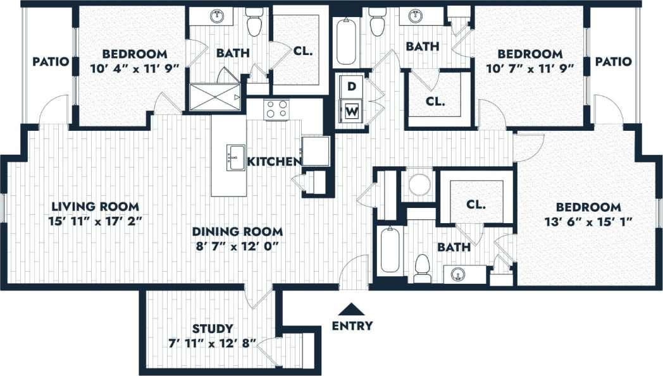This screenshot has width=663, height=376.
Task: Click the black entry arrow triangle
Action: pyautogui.click(x=352, y=310)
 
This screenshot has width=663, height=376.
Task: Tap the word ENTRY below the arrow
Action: pyautogui.click(x=352, y=326)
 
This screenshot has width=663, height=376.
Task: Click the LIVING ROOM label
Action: pyautogui.click(x=95, y=207)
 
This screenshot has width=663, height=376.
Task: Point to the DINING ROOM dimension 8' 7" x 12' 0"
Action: pyautogui.click(x=237, y=245)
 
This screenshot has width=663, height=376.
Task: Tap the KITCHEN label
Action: pyautogui.click(x=273, y=162)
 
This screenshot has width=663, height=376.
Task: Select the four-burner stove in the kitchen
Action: pyautogui.click(x=276, y=109)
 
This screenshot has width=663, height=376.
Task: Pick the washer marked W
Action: pyautogui.click(x=352, y=112)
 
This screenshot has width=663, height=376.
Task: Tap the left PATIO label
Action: pyautogui.click(x=51, y=62)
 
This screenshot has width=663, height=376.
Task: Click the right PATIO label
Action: pyautogui.click(x=613, y=62)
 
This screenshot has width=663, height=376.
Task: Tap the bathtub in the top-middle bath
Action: pyautogui.click(x=346, y=42)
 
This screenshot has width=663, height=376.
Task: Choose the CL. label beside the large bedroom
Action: pyautogui.click(x=476, y=205)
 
